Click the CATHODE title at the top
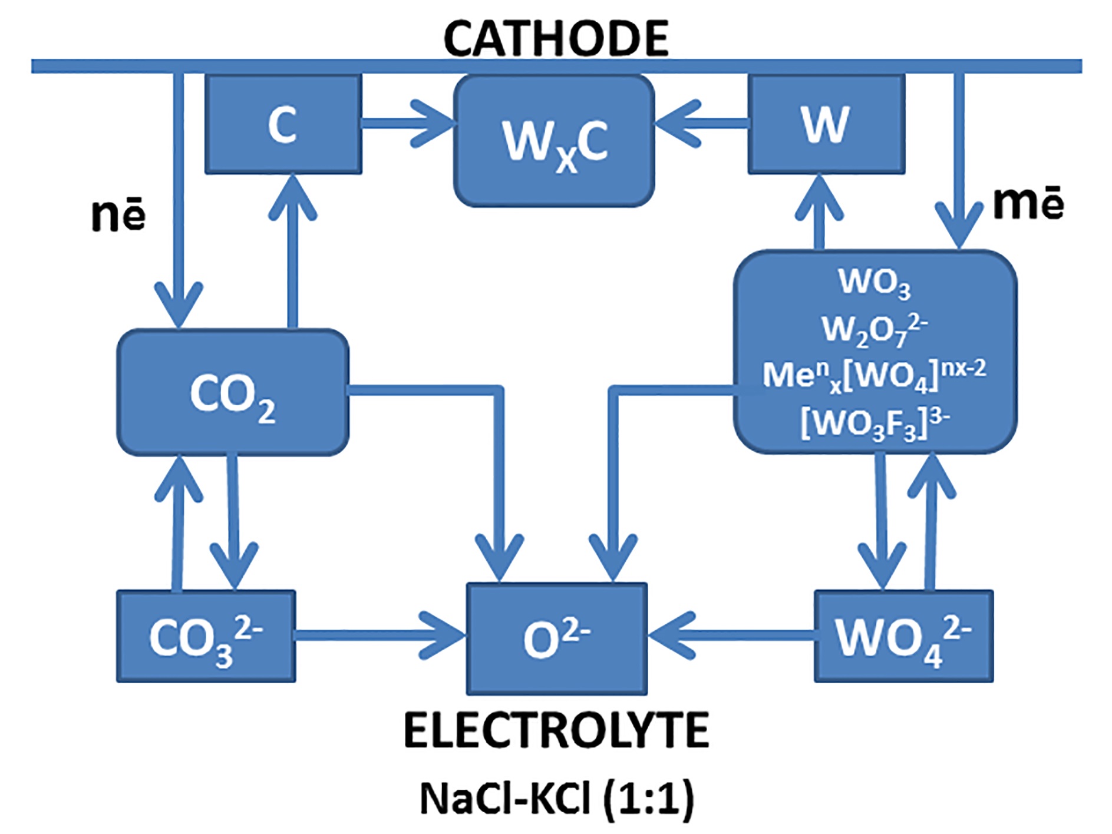[x=556, y=39]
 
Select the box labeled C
[x=283, y=124]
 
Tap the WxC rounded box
[x=554, y=141]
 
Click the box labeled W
[x=826, y=124]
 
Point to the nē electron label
[x=118, y=215]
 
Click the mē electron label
[x=1028, y=203]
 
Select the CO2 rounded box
[x=233, y=393]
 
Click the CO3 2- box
[x=206, y=637]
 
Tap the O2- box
[x=557, y=639]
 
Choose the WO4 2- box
[x=903, y=637]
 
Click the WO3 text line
[x=875, y=283]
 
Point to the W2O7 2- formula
[x=875, y=329]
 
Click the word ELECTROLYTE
[x=556, y=730]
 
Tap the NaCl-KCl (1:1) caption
[x=556, y=799]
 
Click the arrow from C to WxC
[x=407, y=124]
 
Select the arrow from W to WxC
[x=701, y=124]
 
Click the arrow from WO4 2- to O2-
[x=731, y=636]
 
